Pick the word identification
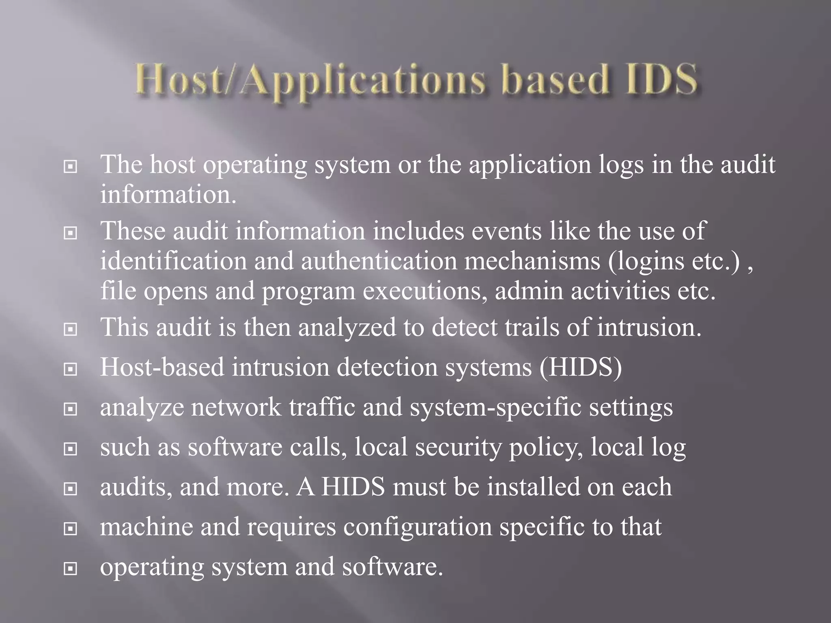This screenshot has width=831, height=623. pos(174,261)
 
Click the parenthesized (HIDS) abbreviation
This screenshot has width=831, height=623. pos(581,367)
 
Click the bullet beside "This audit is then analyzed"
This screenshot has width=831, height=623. pos(71,329)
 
